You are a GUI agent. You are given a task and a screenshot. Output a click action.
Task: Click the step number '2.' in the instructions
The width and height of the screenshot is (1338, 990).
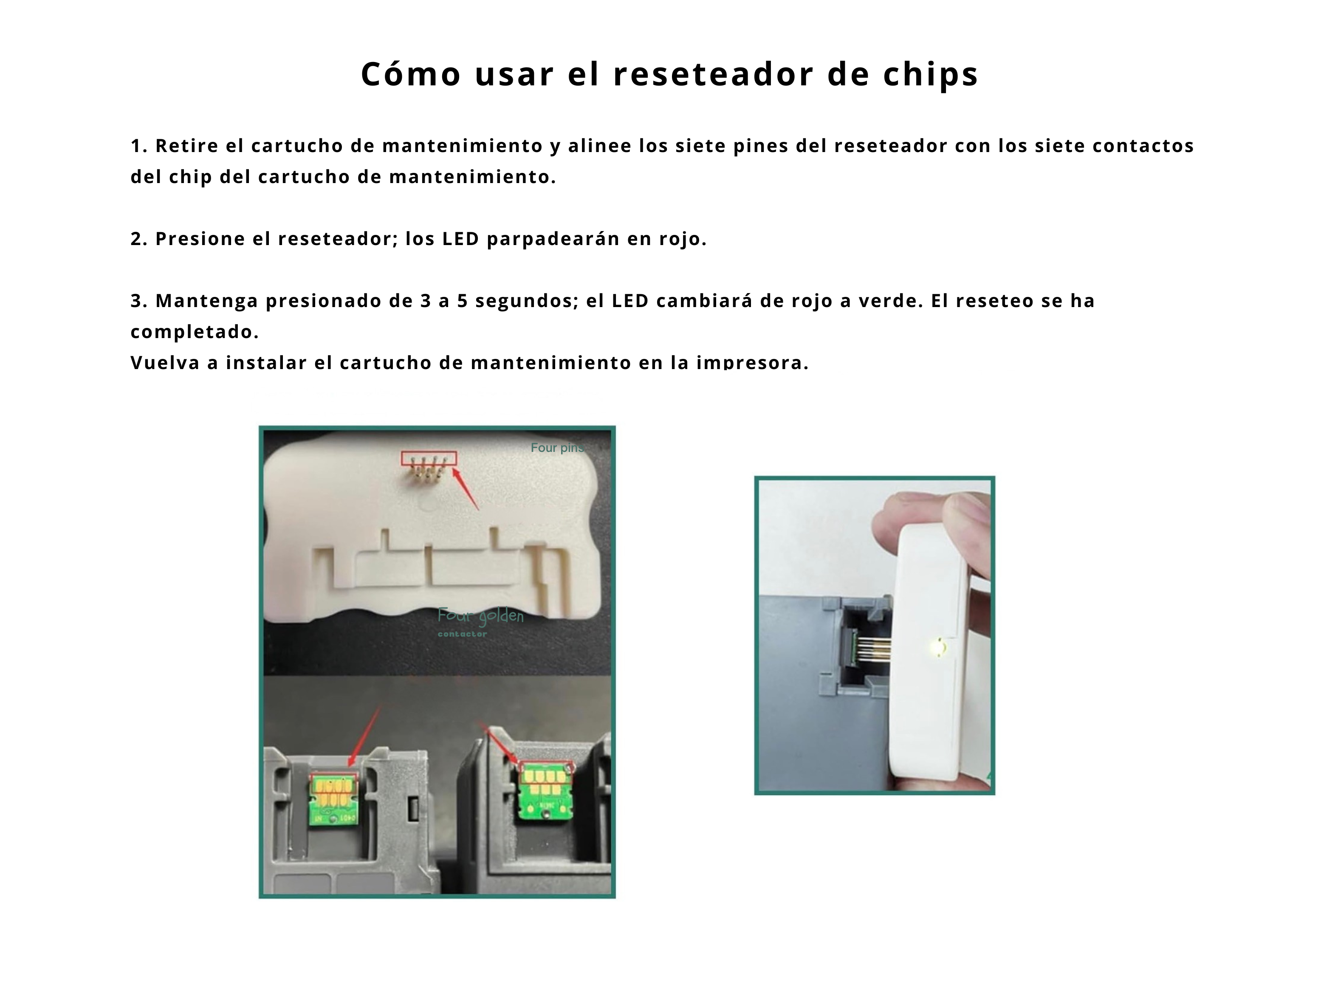click(139, 239)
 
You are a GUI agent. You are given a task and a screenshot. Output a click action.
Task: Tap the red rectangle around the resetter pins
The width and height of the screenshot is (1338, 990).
click(429, 458)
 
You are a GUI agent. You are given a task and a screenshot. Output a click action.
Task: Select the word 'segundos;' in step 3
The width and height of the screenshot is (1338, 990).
click(527, 300)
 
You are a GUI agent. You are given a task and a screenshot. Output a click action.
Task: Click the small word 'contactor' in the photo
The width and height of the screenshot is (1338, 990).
click(462, 634)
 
